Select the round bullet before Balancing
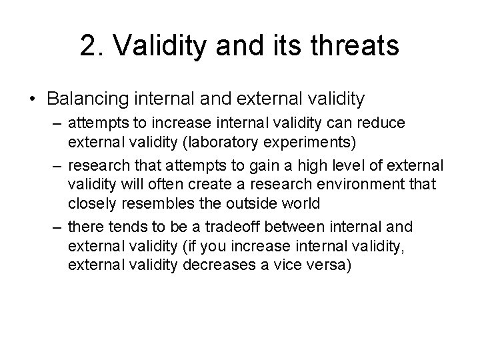pyautogui.click(x=32, y=99)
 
